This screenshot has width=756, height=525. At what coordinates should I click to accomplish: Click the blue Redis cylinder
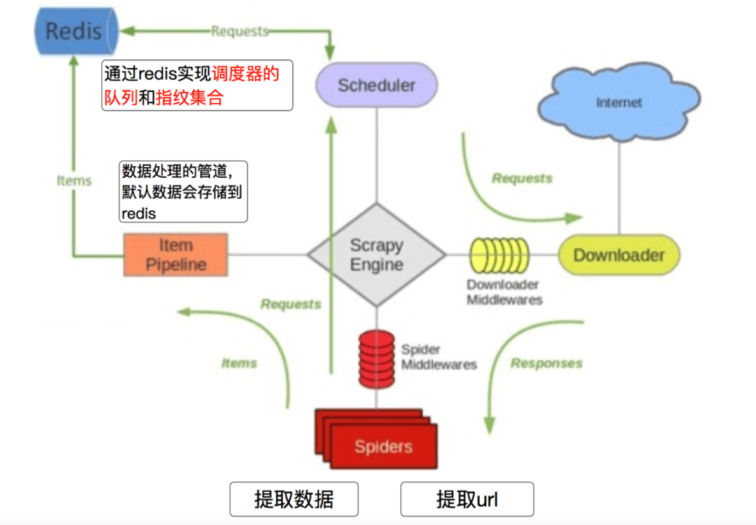tap(75, 31)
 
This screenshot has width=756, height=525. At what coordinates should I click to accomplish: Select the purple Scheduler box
tap(376, 85)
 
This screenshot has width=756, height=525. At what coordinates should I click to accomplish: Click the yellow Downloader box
tap(619, 255)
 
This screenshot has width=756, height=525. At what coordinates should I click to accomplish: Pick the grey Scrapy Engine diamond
tap(377, 255)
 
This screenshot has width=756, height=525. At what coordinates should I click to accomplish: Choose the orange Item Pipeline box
tap(176, 255)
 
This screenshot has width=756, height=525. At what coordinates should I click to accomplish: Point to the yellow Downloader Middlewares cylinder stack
tap(499, 255)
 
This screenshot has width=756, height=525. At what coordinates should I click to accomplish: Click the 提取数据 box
tap(294, 499)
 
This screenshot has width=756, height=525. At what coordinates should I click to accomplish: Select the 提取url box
tap(467, 499)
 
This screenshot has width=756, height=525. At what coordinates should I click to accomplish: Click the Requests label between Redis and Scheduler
tap(240, 31)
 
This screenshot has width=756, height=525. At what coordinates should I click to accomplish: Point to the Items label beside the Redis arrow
tap(74, 180)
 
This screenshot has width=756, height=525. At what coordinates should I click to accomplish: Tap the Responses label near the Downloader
tap(547, 363)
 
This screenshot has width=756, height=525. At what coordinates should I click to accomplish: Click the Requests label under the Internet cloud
tap(522, 178)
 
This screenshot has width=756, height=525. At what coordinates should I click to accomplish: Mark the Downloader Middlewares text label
tap(504, 292)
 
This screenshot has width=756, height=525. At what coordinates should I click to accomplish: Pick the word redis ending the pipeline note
tap(139, 213)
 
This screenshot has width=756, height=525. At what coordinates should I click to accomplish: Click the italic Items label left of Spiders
tap(239, 363)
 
